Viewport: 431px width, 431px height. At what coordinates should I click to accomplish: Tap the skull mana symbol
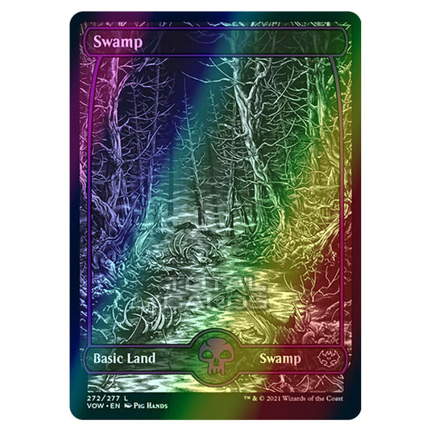tap(215, 377)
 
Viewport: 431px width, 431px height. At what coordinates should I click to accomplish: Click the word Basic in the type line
tap(103, 377)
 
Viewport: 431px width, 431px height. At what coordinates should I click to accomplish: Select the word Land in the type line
tap(139, 377)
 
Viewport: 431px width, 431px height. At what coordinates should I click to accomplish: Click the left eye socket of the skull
tap(210, 376)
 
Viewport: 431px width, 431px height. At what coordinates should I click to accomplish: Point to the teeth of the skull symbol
tap(215, 387)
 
